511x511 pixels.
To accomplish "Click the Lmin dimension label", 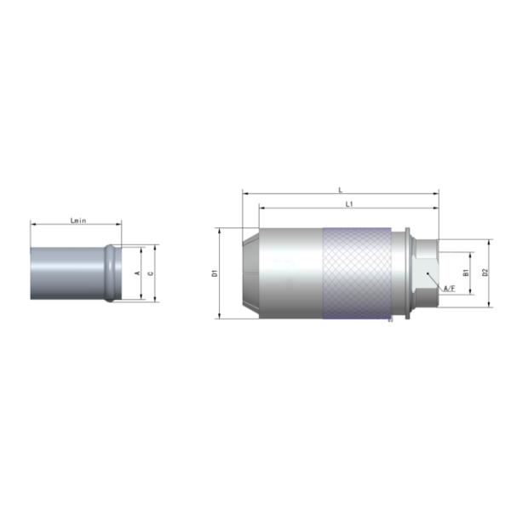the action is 78,221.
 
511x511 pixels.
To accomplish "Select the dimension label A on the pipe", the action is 137,273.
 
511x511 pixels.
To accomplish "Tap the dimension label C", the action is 151,273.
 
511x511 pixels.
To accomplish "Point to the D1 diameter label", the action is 215,273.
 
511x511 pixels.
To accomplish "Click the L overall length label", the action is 341,190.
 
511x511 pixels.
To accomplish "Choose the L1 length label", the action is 349,204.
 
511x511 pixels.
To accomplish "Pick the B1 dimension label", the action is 466,273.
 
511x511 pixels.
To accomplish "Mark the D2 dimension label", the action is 485,273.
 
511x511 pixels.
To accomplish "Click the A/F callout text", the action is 450,289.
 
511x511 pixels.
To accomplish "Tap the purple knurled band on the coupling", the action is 357,273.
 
